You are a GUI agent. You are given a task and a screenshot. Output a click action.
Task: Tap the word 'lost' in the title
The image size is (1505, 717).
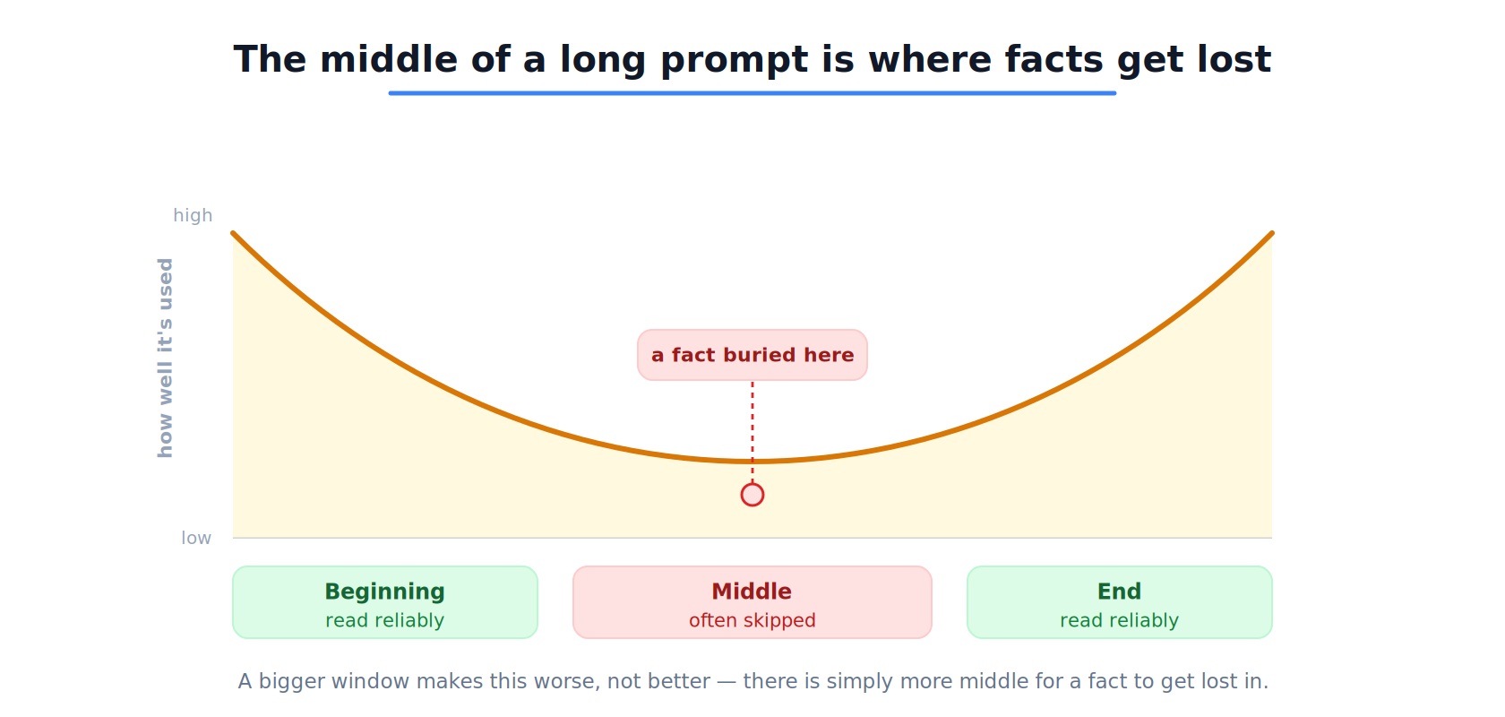tap(1234, 59)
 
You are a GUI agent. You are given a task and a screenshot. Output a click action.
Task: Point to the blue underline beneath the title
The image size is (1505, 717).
tap(752, 92)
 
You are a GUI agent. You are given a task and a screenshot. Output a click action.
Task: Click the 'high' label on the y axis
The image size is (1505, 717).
tap(193, 215)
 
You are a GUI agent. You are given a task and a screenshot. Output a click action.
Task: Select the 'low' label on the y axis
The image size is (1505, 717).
tap(196, 538)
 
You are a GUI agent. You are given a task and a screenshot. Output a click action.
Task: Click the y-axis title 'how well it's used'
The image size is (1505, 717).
tap(165, 358)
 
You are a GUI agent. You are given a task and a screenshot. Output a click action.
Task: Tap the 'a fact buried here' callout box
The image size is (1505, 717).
tap(752, 355)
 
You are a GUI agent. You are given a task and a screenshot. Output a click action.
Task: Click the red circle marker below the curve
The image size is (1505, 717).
tap(752, 495)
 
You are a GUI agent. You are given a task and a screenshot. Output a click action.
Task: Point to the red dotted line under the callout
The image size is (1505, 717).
tap(752, 431)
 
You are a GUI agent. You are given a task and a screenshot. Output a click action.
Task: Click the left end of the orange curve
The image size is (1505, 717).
tap(233, 233)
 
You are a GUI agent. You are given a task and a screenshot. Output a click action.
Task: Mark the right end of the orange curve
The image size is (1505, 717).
tap(1272, 233)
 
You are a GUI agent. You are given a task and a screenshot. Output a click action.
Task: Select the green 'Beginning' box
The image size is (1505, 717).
tap(385, 602)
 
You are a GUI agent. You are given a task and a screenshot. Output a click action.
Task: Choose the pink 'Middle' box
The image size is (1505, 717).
tap(752, 602)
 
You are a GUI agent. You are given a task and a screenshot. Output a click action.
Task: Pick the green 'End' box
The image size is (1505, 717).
tap(1120, 602)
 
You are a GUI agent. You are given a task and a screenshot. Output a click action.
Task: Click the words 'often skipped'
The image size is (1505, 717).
tap(752, 620)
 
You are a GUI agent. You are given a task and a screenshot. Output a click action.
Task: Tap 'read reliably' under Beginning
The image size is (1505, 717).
tap(385, 620)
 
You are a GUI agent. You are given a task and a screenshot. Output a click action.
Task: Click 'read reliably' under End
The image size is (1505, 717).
tap(1120, 620)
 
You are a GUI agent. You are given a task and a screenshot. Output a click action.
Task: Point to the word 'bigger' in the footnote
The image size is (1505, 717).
tap(292, 681)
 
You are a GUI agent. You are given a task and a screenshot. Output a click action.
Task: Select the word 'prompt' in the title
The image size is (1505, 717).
tap(735, 60)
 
